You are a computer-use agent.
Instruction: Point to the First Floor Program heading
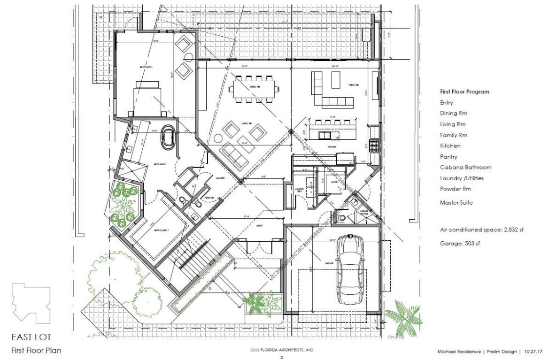pyautogui.click(x=464, y=92)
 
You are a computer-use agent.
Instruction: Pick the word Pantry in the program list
pyautogui.click(x=448, y=157)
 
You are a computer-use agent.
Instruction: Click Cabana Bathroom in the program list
pyautogui.click(x=465, y=168)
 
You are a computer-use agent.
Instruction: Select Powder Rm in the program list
pyautogui.click(x=455, y=189)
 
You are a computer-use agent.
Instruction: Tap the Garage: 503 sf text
pyautogui.click(x=460, y=243)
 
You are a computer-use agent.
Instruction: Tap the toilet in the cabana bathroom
pyautogui.click(x=342, y=217)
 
